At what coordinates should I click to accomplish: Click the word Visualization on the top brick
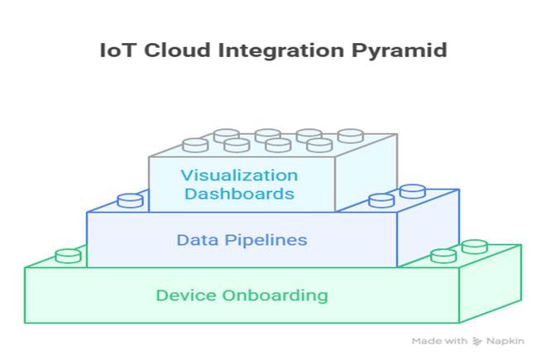pyautogui.click(x=240, y=175)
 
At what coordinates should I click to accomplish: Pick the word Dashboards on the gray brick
pyautogui.click(x=239, y=194)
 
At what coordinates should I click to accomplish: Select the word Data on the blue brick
pyautogui.click(x=194, y=241)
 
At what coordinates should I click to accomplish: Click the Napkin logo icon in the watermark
pyautogui.click(x=477, y=340)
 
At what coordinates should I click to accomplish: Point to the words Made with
pyautogui.click(x=440, y=340)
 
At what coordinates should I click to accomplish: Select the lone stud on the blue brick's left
pyautogui.click(x=130, y=200)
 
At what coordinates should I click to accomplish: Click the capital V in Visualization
pyautogui.click(x=186, y=175)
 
